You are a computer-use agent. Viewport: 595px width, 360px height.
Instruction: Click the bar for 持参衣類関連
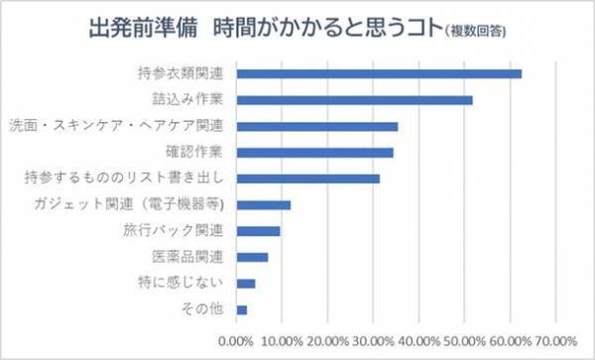pos(379,73)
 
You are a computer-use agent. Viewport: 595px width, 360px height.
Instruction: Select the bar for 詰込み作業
pos(354,100)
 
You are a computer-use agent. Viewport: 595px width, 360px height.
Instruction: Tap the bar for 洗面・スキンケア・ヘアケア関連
pos(316,126)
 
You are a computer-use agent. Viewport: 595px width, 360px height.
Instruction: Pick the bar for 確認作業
pos(314,153)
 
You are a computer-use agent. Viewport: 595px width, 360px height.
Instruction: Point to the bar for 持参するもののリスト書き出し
pos(307,179)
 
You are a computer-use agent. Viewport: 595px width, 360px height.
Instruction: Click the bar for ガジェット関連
pos(263,205)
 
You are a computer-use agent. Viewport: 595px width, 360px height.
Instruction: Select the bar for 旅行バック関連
pos(258,231)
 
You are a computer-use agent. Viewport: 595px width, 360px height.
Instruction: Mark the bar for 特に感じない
pos(246,284)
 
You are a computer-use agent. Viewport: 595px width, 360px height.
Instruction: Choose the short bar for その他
pos(241,309)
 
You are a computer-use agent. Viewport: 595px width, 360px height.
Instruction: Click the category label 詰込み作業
pos(195,100)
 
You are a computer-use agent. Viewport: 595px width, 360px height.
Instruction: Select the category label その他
pos(208,309)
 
